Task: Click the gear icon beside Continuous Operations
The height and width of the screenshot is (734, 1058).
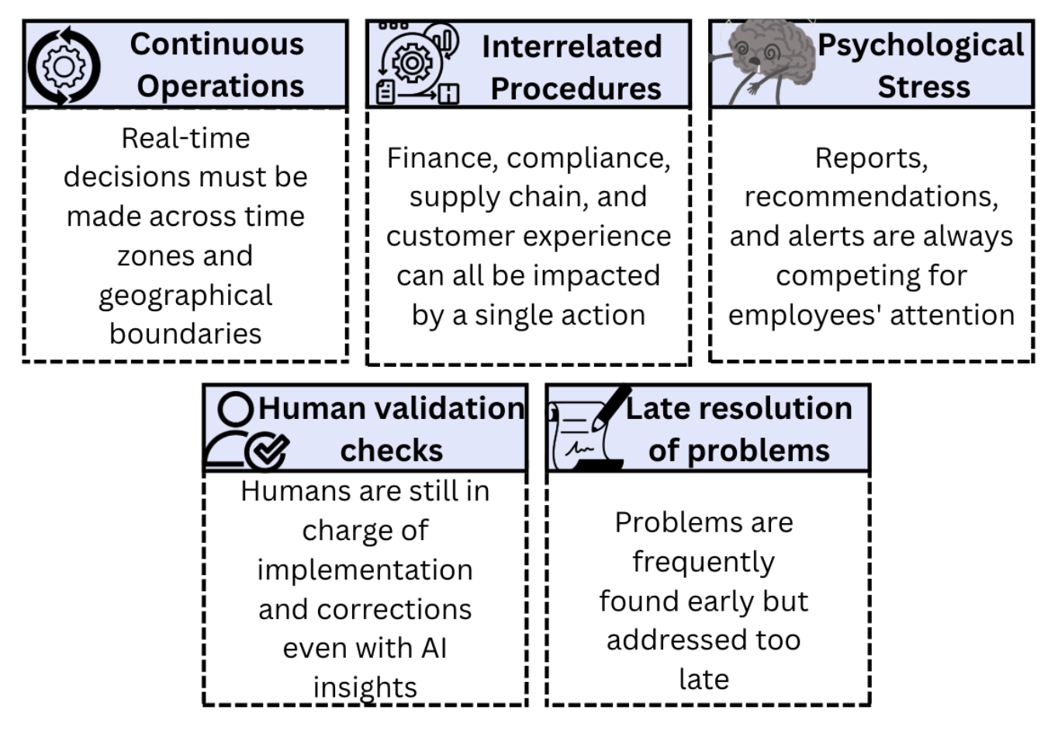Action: (64, 66)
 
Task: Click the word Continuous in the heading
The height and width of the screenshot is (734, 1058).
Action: (217, 44)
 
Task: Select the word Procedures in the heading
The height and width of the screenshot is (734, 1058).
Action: (576, 88)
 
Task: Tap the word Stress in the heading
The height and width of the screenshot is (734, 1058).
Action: (923, 87)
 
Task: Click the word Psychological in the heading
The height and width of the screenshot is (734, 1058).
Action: (921, 45)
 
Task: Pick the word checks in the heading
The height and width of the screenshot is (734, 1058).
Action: (391, 451)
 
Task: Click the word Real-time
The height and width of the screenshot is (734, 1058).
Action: (185, 138)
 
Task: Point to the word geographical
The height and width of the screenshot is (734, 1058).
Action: (185, 296)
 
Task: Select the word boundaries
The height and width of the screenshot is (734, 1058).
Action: (185, 334)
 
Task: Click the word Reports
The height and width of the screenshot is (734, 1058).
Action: (870, 158)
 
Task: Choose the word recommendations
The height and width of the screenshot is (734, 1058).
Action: (870, 197)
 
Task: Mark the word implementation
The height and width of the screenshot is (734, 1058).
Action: (365, 570)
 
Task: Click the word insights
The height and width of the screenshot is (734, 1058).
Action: (365, 687)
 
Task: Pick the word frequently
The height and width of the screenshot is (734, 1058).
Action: (703, 562)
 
